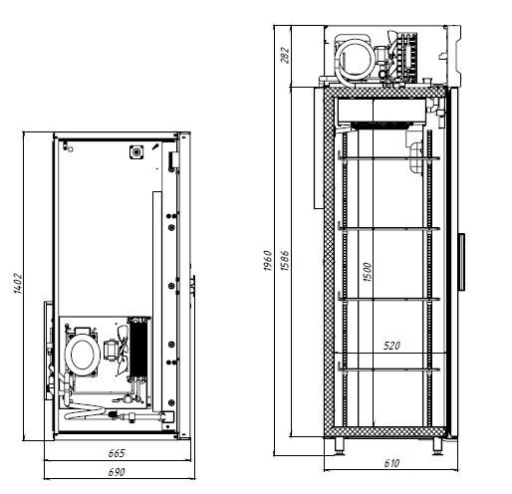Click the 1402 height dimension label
pos(17,283)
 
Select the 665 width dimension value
pos(117,453)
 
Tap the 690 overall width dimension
pos(117,472)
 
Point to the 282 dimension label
pos(285,55)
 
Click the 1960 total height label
pos(268,261)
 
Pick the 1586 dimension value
pos(285,261)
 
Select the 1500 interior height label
pos(367,272)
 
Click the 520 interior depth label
pos(391,346)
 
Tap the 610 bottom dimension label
pos(391,463)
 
